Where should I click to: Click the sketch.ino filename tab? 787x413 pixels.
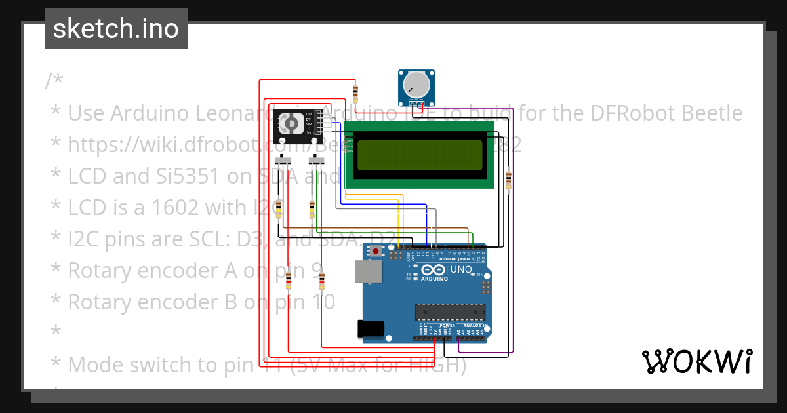[x=116, y=29]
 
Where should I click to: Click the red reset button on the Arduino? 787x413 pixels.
[x=376, y=251]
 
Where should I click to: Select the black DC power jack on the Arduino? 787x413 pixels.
[x=369, y=328]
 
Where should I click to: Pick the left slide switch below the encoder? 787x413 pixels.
[x=284, y=161]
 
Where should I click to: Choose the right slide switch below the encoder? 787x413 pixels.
[x=316, y=161]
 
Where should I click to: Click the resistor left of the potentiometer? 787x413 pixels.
[x=355, y=92]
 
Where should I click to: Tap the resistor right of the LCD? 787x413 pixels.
[x=509, y=178]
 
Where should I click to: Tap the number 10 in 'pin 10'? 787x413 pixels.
[x=319, y=302]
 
